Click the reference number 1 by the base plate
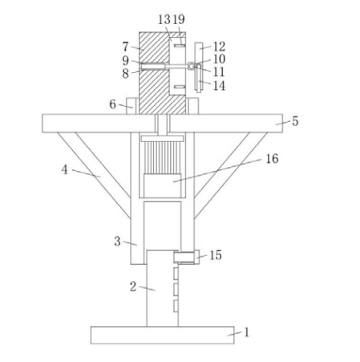tap(247, 332)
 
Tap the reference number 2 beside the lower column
tap(133, 287)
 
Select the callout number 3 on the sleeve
tap(117, 242)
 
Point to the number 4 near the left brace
tap(65, 169)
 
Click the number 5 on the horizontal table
tap(295, 121)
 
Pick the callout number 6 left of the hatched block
tap(112, 104)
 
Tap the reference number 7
tap(126, 47)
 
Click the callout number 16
tap(272, 159)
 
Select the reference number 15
tap(216, 255)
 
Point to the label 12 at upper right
tap(219, 47)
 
